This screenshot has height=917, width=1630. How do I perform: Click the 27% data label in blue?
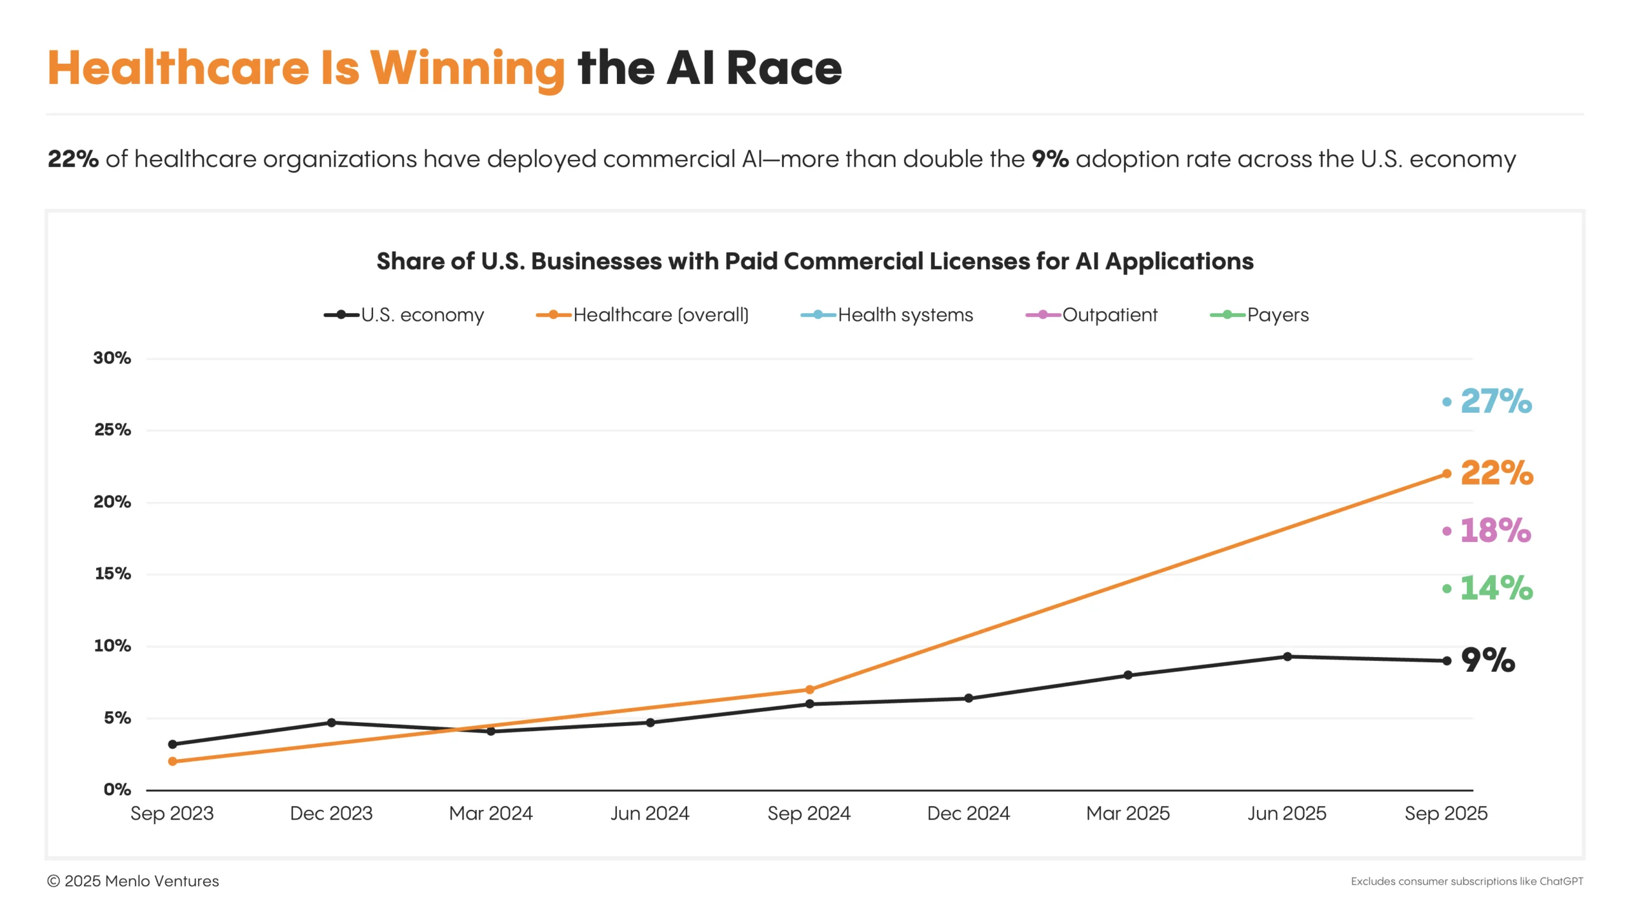1495,401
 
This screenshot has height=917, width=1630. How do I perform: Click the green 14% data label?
1495,588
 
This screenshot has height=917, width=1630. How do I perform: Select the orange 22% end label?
1496,473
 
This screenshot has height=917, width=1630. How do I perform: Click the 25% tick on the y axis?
113,430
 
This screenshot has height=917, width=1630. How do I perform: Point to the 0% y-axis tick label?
117,790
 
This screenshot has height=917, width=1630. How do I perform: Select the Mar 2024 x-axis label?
490,813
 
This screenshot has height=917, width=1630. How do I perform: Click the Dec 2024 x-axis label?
968,813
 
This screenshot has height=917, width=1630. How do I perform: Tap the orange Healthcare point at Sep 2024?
809,690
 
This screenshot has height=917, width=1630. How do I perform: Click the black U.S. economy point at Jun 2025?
1287,656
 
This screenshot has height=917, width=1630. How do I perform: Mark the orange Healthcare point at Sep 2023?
173,761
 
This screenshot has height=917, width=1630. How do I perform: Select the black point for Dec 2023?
331,722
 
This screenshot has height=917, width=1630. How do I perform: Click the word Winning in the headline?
467,68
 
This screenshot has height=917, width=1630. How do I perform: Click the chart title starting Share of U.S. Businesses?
814,261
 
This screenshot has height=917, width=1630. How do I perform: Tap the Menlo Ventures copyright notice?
133,881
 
